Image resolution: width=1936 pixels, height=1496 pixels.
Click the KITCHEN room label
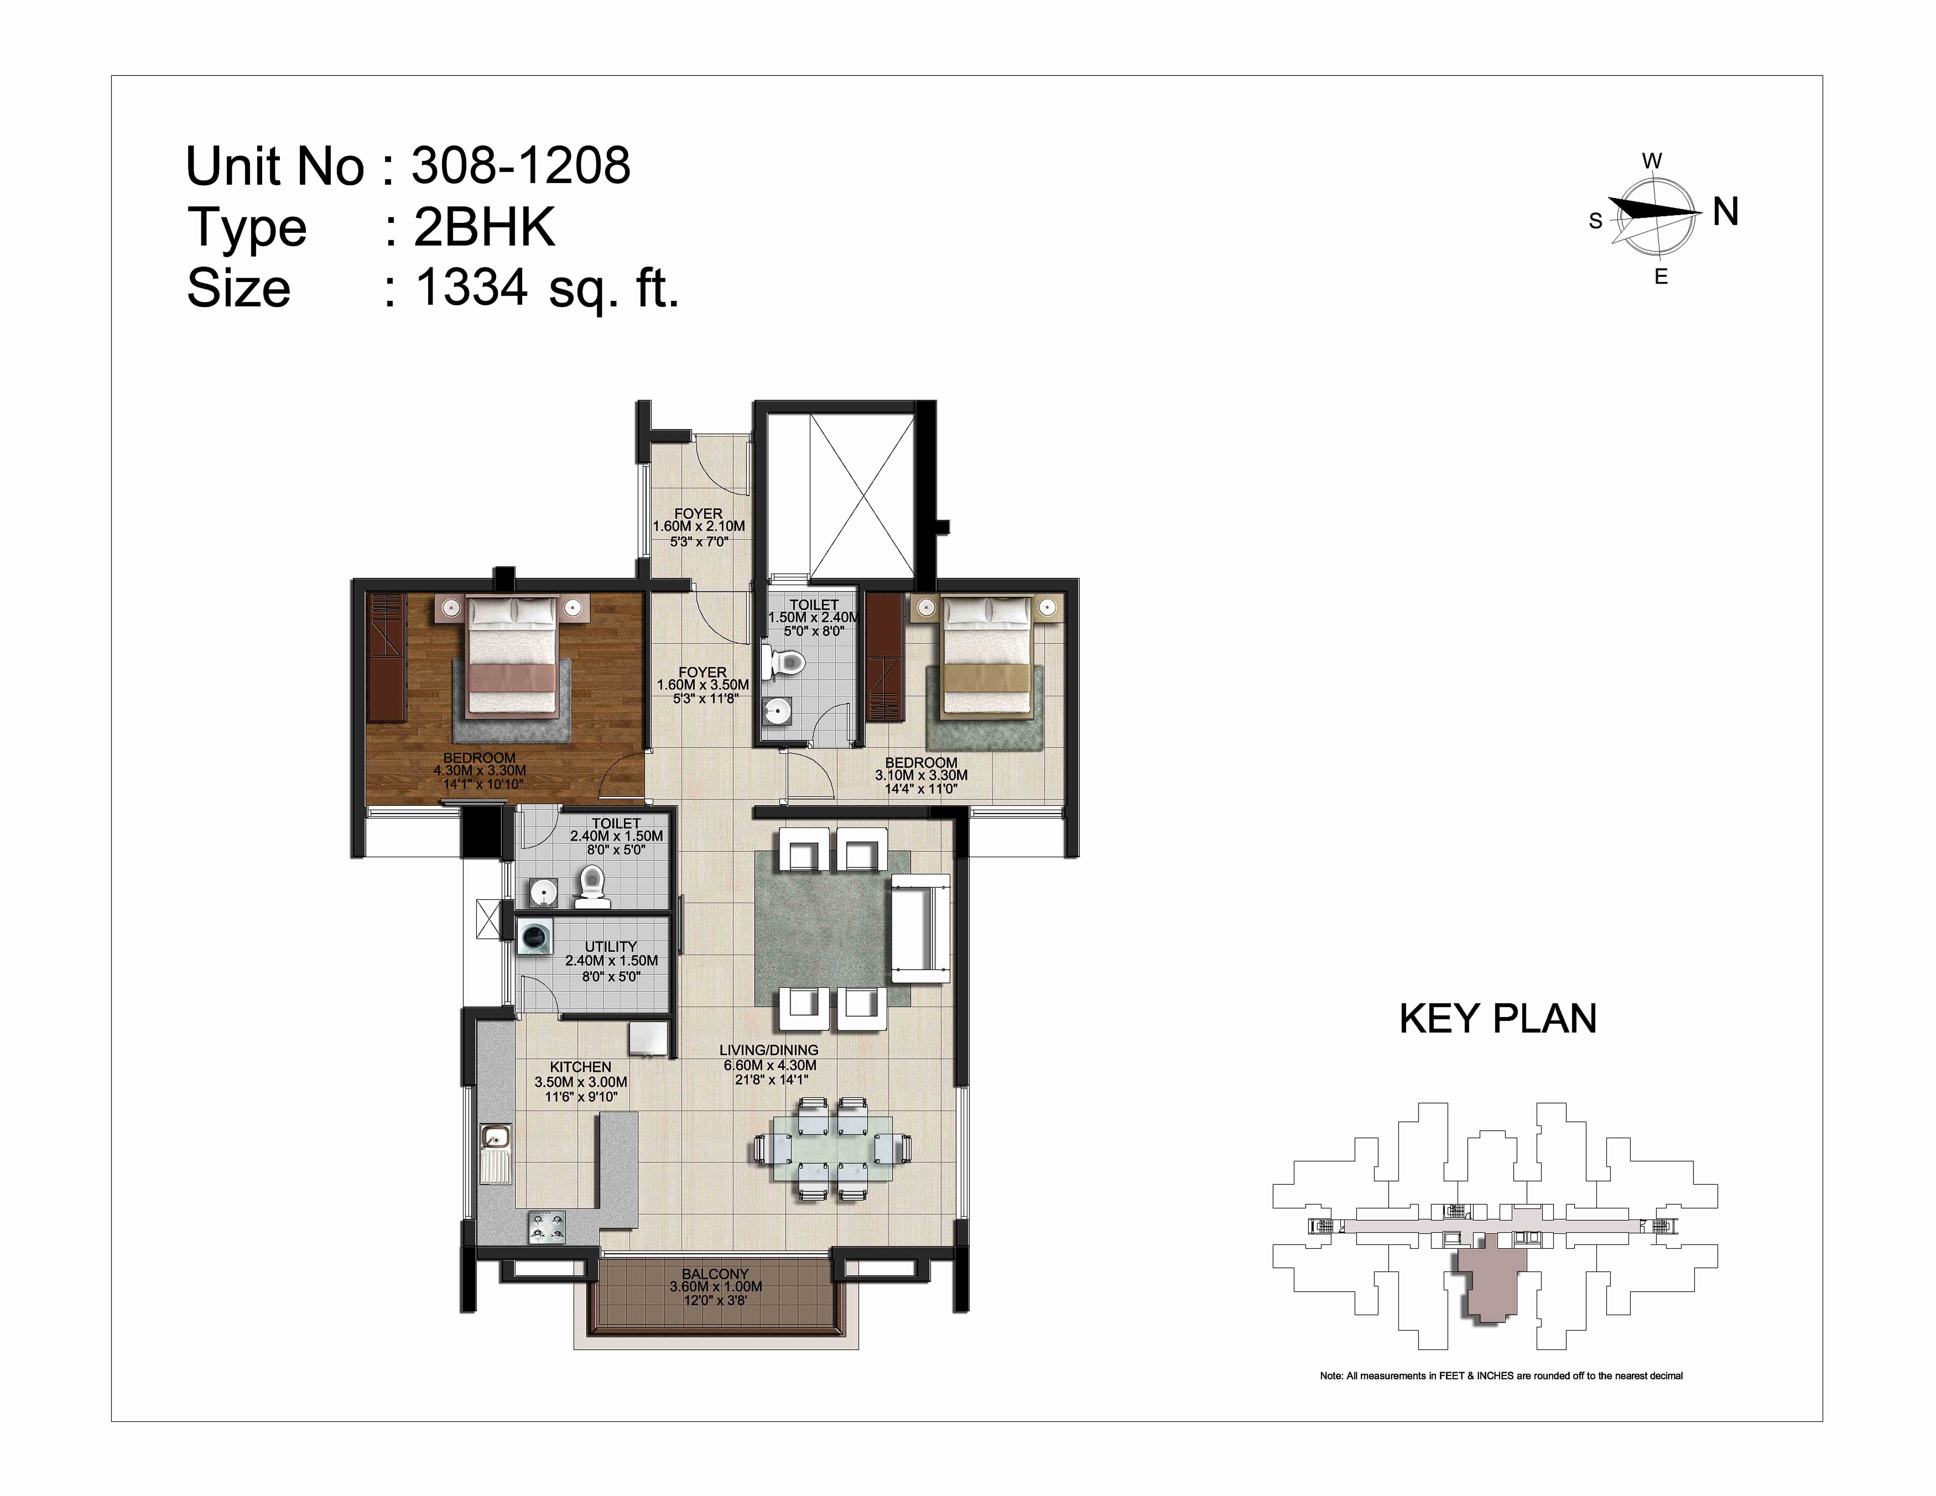coord(581,1067)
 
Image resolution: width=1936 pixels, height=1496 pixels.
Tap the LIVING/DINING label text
coord(769,1050)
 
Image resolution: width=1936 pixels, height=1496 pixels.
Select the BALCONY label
coord(715,1274)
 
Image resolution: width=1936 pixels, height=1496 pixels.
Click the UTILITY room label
coord(611,946)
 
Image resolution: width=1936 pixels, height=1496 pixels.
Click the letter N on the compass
coord(1725,212)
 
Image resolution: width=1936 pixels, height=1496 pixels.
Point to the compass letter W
coord(1651,161)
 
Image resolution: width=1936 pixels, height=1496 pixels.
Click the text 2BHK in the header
coord(484,227)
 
